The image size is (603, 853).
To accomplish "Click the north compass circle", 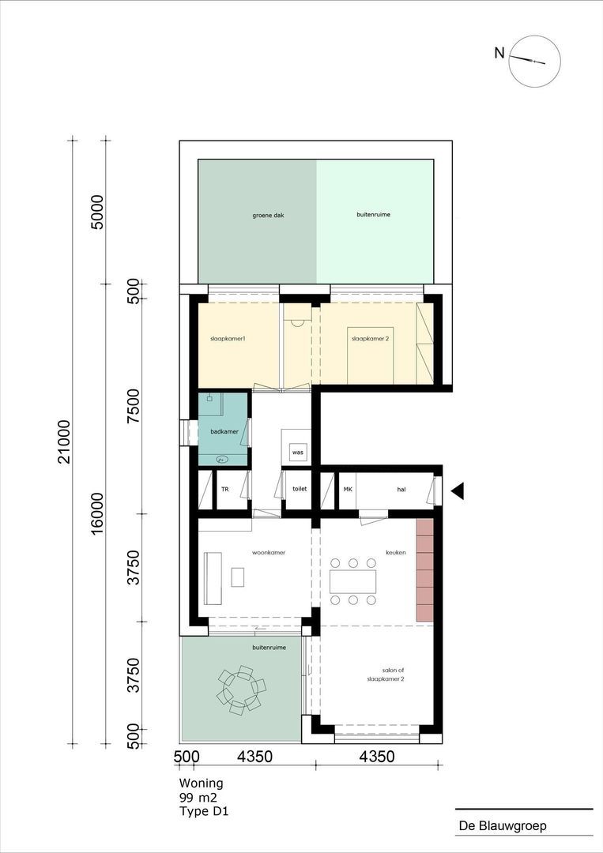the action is (x=534, y=36).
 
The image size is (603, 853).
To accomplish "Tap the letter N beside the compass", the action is (x=499, y=53).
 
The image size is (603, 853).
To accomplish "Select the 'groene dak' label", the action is (x=268, y=216).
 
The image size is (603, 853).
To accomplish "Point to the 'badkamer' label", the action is (x=224, y=431).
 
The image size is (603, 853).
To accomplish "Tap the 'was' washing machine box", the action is (x=297, y=452).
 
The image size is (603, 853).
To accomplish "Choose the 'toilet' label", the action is (x=300, y=489).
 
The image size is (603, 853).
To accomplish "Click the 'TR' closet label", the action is (x=224, y=489).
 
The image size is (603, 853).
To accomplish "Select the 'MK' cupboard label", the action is (x=348, y=489).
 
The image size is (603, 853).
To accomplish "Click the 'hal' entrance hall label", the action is (x=401, y=490).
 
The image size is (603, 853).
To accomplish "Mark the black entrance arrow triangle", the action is (x=457, y=490).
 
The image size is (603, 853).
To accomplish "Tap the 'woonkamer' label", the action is (x=269, y=552).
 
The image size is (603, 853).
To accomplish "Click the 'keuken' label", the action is (x=396, y=552).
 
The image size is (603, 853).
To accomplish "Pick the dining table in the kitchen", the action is (x=352, y=581).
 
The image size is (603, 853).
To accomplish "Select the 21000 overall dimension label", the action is (x=65, y=442).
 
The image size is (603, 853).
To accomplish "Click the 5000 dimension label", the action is (x=97, y=212).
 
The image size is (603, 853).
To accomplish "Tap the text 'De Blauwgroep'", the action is (x=503, y=825).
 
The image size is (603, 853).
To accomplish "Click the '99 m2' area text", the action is (x=198, y=798).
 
